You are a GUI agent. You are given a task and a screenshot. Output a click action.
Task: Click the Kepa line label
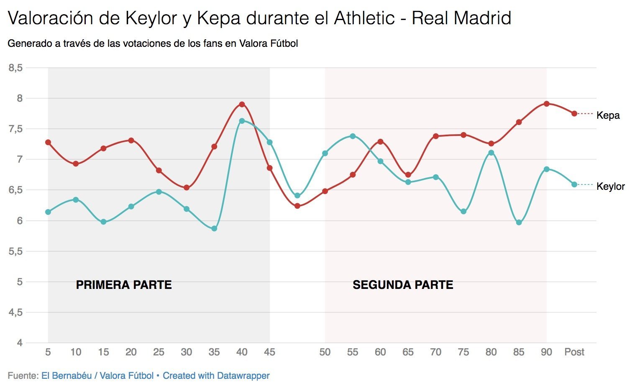tap(608, 115)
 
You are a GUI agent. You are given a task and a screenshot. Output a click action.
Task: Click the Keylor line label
tap(610, 186)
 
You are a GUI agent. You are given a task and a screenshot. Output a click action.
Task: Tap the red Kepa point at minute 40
tap(242, 104)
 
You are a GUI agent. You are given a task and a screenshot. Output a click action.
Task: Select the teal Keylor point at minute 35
tap(214, 228)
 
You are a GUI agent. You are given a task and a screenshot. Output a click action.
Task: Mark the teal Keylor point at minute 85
tap(519, 222)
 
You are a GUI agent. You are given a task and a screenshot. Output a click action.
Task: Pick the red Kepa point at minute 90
tap(546, 104)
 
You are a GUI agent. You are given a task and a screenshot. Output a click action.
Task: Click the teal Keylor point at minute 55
tap(353, 136)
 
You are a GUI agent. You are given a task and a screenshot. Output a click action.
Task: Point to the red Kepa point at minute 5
tap(48, 142)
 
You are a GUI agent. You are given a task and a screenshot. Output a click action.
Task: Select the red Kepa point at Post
tap(574, 114)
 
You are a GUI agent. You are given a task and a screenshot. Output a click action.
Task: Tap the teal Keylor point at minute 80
tap(491, 153)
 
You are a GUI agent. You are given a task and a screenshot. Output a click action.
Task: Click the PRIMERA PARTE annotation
tap(124, 285)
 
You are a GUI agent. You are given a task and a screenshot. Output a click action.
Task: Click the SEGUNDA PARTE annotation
tap(403, 285)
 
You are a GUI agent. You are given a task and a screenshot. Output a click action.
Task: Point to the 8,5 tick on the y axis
tap(15, 68)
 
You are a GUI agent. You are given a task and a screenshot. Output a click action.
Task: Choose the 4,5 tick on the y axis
tap(15, 312)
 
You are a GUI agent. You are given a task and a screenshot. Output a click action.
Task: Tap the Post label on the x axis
tap(574, 352)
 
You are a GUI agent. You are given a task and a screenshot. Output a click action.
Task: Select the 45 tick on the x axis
tap(269, 352)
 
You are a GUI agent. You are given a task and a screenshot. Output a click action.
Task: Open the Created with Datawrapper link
tap(216, 376)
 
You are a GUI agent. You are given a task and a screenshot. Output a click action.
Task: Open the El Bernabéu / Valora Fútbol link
tap(97, 376)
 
